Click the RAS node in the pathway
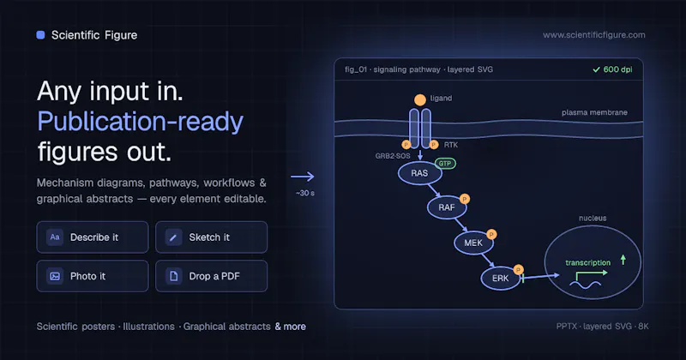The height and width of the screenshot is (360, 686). pos(419,173)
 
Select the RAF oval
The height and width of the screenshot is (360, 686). pos(447,207)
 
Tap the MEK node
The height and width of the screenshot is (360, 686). pos(473,243)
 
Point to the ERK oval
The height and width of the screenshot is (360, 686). pos(501,279)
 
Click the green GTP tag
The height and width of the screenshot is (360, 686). pos(445,164)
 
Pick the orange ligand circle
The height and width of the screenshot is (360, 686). pos(420,100)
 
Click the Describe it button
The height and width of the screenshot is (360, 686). pos(93,237)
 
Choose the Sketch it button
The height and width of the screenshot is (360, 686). pos(211,237)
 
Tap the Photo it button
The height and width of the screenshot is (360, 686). pos(93,276)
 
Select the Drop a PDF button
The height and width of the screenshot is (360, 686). pos(211,276)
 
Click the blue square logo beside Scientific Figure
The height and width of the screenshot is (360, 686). pos(40,35)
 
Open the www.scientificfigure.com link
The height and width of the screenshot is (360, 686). pos(593,35)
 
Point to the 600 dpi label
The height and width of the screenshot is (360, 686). pos(612,69)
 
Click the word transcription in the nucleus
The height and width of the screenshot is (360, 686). pos(587,262)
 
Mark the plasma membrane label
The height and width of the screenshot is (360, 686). pos(594,112)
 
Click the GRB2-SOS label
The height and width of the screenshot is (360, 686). pos(393,156)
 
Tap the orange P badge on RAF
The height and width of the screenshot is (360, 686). pos(465,199)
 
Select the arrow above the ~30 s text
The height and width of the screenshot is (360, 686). pos(303,177)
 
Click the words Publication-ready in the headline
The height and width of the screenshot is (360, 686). pos(140,122)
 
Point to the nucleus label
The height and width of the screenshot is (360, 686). pos(593,218)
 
